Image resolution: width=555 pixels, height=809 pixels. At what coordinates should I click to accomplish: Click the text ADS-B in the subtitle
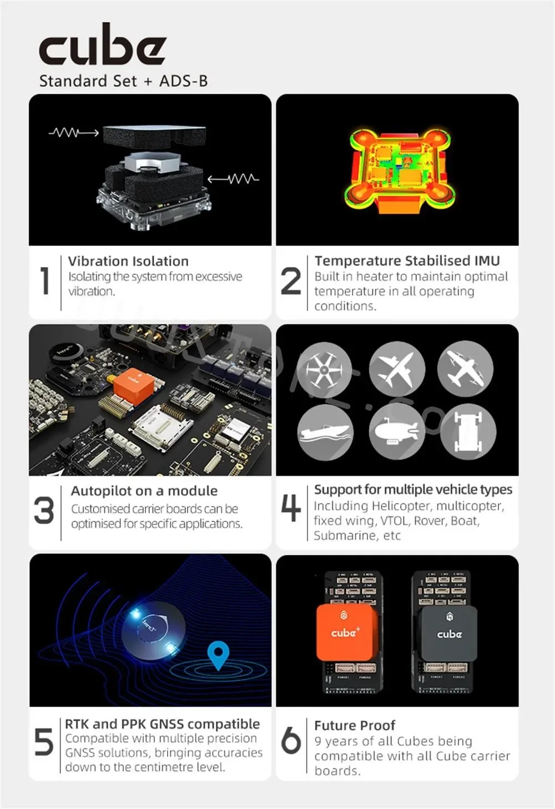tap(183, 81)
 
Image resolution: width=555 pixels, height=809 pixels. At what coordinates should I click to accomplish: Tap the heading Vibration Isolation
tap(128, 261)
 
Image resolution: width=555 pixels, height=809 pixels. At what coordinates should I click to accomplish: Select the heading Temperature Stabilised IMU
tap(407, 260)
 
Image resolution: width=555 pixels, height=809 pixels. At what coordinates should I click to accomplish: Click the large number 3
tap(44, 510)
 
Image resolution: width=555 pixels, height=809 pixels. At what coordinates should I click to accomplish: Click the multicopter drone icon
tap(324, 369)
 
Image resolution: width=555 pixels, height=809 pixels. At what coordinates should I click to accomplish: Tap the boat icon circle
tap(325, 432)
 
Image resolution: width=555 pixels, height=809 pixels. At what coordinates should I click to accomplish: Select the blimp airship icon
tap(396, 431)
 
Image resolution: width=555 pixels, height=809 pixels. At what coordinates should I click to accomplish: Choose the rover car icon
tap(468, 431)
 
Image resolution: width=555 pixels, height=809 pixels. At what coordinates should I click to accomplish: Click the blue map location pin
tap(218, 655)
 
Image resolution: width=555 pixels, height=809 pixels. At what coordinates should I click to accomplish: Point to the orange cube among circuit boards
tap(133, 384)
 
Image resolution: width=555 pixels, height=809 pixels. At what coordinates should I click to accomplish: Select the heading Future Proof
tap(355, 725)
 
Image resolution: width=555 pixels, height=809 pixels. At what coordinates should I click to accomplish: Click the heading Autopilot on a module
tap(144, 491)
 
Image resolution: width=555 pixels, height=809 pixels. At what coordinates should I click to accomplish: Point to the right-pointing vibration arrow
tap(73, 133)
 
